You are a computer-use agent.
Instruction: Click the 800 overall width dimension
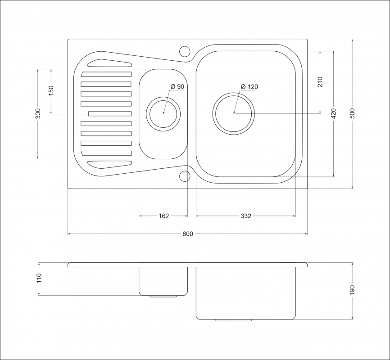[188, 234]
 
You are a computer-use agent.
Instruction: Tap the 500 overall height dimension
[353, 113]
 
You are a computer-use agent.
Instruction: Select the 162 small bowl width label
[163, 216]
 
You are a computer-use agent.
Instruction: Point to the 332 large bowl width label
[246, 216]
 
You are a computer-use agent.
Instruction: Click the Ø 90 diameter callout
[177, 86]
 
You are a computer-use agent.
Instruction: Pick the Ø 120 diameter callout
[249, 86]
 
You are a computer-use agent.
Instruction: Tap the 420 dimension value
[334, 113]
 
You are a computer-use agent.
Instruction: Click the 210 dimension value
[320, 82]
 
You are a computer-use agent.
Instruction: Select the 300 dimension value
[38, 113]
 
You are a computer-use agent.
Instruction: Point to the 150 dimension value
[51, 91]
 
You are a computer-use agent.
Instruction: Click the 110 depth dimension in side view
[39, 278]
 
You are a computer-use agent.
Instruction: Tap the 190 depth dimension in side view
[353, 290]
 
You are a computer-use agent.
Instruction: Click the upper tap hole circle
[185, 51]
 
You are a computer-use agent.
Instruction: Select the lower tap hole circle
[185, 176]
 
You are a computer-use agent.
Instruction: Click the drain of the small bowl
[163, 114]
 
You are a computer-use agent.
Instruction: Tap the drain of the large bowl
[234, 114]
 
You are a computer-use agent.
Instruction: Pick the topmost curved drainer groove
[109, 63]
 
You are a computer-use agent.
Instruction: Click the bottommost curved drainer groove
[109, 165]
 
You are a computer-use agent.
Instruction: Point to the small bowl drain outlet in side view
[163, 297]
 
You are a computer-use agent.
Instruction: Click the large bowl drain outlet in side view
[234, 320]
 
